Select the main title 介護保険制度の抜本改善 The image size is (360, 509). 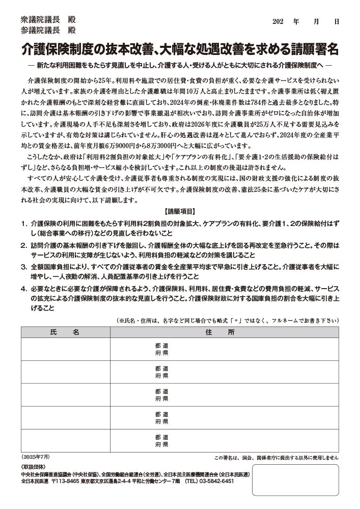[x=180, y=49]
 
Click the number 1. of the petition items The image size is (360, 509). [x=24, y=223]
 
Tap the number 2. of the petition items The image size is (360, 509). [x=24, y=245]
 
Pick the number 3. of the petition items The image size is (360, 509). [x=24, y=267]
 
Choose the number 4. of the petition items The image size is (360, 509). [x=24, y=289]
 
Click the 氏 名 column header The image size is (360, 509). [x=65, y=332]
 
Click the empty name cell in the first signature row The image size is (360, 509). [x=65, y=349]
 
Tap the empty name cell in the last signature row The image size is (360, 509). [x=65, y=441]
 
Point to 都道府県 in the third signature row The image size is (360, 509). [x=162, y=395]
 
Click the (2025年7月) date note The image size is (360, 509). [x=36, y=457]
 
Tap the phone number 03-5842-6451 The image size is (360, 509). [x=216, y=480]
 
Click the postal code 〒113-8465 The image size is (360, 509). [x=65, y=480]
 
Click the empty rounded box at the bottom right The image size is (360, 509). [x=295, y=479]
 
